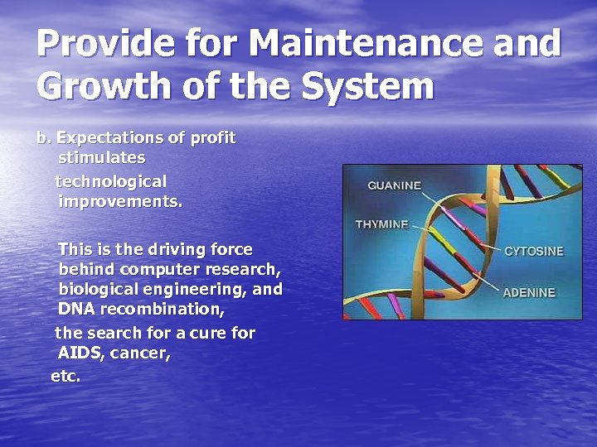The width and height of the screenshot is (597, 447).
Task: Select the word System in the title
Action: [x=367, y=85]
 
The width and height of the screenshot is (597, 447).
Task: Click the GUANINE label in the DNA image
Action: [x=394, y=185]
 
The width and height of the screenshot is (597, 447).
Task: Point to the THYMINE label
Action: [x=382, y=224]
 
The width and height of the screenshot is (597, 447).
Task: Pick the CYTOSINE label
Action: [x=533, y=251]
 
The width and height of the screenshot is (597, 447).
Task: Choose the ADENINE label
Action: [x=529, y=292]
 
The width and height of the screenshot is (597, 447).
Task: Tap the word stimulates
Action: [x=102, y=157]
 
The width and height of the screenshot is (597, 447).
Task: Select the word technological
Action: [x=111, y=180]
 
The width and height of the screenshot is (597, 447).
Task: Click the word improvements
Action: [x=120, y=200]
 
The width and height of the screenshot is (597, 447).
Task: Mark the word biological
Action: [x=97, y=289]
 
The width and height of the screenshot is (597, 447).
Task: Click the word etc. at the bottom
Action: [x=66, y=375]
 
